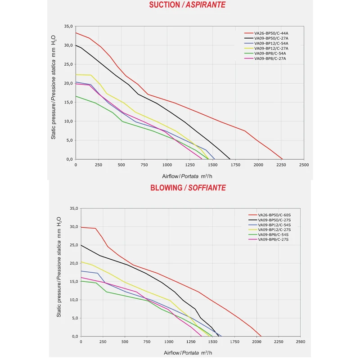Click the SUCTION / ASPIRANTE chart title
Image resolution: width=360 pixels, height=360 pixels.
(188, 5)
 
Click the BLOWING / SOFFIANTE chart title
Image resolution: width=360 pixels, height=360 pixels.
(188, 188)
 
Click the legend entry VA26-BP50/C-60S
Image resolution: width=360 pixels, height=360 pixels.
(274, 215)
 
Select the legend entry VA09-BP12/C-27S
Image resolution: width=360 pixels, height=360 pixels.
(274, 230)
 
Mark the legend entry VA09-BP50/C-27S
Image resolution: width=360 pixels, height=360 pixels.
(274, 220)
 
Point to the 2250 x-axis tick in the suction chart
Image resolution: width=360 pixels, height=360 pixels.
(281, 165)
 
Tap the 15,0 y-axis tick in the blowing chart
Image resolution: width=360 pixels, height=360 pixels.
(74, 281)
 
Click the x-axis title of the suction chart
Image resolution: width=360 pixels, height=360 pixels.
(188, 176)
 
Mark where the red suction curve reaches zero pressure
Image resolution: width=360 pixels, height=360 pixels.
(282, 159)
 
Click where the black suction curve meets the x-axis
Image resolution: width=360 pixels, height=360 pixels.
(230, 159)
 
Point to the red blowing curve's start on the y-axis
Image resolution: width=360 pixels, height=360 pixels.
(81, 227)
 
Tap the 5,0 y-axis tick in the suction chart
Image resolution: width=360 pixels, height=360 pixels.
(69, 140)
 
